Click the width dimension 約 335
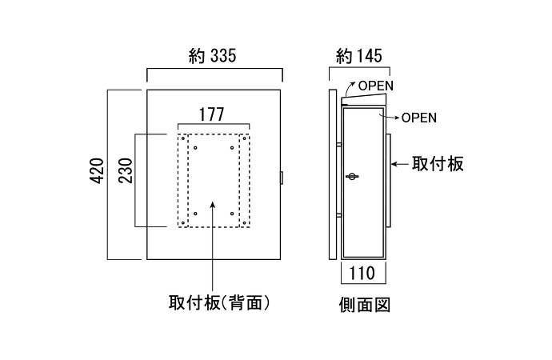[x=214, y=56]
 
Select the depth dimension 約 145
[x=358, y=56]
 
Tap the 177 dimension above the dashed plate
[x=212, y=114]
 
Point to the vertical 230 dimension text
[x=125, y=170]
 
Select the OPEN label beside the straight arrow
[x=418, y=118]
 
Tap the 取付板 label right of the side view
[x=438, y=164]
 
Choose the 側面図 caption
[x=364, y=305]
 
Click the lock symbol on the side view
[x=352, y=176]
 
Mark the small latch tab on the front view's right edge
[x=283, y=177]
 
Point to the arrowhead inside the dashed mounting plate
[x=212, y=206]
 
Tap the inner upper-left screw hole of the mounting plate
[x=195, y=147]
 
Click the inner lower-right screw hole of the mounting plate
[x=231, y=213]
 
